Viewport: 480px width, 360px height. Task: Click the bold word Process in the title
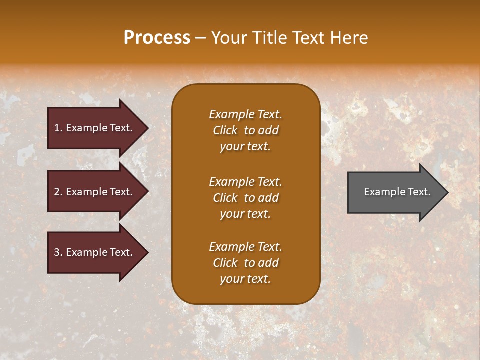[157, 38]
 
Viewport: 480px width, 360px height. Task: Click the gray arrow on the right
[395, 192]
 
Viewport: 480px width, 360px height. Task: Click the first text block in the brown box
[245, 130]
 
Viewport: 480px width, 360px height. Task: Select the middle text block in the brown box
[245, 198]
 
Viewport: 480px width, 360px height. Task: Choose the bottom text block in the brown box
[245, 263]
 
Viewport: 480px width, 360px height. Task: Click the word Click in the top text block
[225, 130]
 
